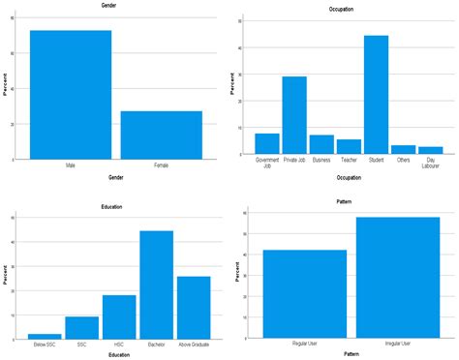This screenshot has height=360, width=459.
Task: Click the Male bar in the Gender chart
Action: pyautogui.click(x=71, y=95)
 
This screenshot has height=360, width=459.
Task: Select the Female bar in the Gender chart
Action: pyautogui.click(x=162, y=135)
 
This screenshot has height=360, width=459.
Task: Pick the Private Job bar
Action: pyautogui.click(x=294, y=115)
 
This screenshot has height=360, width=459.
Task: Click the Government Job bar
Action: pyautogui.click(x=267, y=144)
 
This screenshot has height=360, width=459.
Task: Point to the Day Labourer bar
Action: pyautogui.click(x=431, y=150)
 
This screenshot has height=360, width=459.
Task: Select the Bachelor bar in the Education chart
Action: pyautogui.click(x=157, y=285)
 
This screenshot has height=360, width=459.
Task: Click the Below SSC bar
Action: pyautogui.click(x=45, y=336)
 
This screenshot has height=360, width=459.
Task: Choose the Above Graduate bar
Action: pyautogui.click(x=194, y=308)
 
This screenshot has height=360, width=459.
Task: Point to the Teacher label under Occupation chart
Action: pyautogui.click(x=349, y=161)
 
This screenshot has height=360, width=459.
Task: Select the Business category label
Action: pyautogui.click(x=321, y=161)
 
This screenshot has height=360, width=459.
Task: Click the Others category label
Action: pyautogui.click(x=404, y=161)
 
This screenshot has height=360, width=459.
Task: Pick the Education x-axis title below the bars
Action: pyautogui.click(x=119, y=355)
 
